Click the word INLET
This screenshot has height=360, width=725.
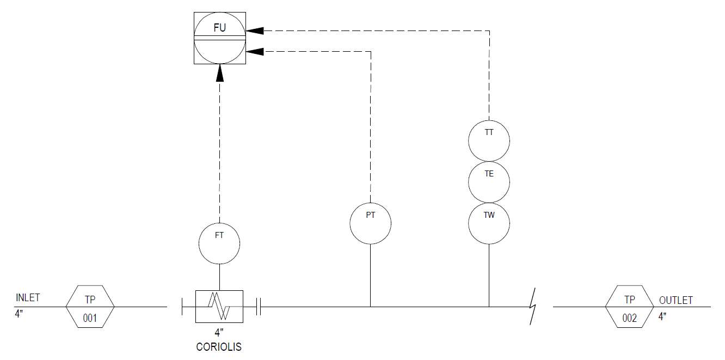point(28,297)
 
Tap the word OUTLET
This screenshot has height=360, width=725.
point(676,301)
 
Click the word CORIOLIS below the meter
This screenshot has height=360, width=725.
point(219,347)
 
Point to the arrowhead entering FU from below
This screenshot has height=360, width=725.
point(220,73)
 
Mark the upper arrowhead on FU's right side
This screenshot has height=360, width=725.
point(255,30)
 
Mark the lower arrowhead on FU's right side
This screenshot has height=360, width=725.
point(255,52)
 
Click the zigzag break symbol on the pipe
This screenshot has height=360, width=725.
point(532,306)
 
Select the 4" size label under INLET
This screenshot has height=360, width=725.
point(19,314)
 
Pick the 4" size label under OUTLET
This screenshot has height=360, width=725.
point(662,316)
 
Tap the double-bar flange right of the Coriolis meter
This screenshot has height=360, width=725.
point(259,307)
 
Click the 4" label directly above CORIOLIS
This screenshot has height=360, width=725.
point(219,332)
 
